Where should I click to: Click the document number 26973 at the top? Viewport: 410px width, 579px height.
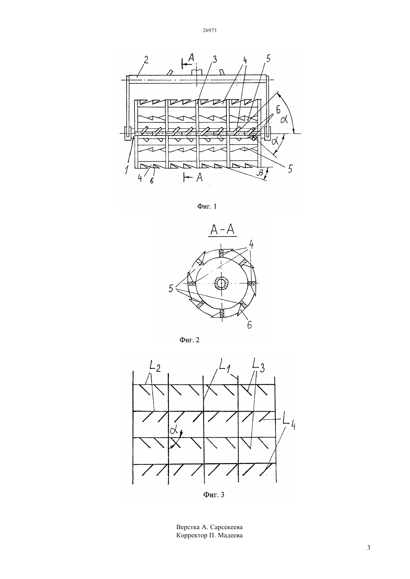210,30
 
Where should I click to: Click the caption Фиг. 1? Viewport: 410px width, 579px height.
207,206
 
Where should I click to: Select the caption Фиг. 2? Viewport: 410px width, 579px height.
189,340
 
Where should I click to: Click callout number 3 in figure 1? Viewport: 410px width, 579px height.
214,59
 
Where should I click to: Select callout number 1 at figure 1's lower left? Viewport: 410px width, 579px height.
127,170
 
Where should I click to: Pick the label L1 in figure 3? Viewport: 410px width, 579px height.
224,365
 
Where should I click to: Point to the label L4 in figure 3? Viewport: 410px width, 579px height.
289,423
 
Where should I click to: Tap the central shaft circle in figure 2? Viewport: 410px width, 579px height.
221,284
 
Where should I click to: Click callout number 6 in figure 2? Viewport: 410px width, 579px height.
250,324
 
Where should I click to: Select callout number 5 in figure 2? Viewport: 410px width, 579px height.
171,288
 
